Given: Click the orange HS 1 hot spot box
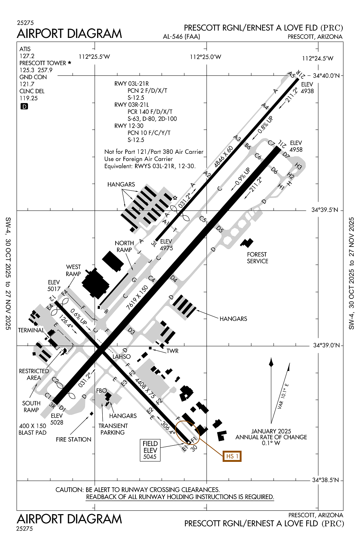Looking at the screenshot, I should pos(232,456).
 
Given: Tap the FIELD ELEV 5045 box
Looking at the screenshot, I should pos(150,450).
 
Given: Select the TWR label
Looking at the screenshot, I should pos(172,351).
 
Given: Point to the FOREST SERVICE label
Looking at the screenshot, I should pos(257,258).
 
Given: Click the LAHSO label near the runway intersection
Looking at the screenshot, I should pos(121,357).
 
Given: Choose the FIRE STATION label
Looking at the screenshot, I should pos(74,439).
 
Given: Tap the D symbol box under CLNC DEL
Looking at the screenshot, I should pos(24,106).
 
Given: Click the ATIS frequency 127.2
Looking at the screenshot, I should pos(27,56).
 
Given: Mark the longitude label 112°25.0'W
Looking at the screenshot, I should pos(205,57).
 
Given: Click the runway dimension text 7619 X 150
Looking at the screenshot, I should pos(137,297).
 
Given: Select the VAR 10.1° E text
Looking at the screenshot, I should pos(283,396).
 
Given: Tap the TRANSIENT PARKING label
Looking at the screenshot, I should pos(113,429).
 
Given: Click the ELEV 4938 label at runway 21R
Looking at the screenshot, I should pos(307,88).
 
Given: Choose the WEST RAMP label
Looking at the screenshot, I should pos(73,270).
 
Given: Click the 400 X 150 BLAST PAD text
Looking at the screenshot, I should pos(33,429).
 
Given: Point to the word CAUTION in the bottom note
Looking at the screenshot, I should pos(69,490).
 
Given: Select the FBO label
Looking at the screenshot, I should pos(101,391).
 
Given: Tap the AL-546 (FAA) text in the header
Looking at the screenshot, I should pos(181,36).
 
